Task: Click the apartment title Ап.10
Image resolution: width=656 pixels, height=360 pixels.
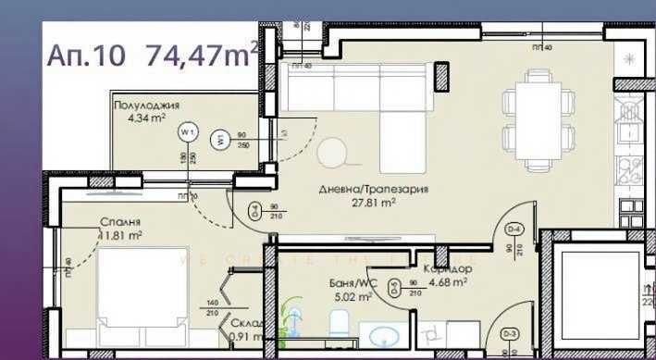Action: [89, 55]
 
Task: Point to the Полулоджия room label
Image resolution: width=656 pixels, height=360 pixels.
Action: [146, 106]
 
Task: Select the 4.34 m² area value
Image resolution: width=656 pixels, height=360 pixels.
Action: [146, 118]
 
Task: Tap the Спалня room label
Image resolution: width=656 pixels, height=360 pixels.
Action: [122, 223]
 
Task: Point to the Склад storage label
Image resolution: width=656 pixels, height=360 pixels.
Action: [249, 324]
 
